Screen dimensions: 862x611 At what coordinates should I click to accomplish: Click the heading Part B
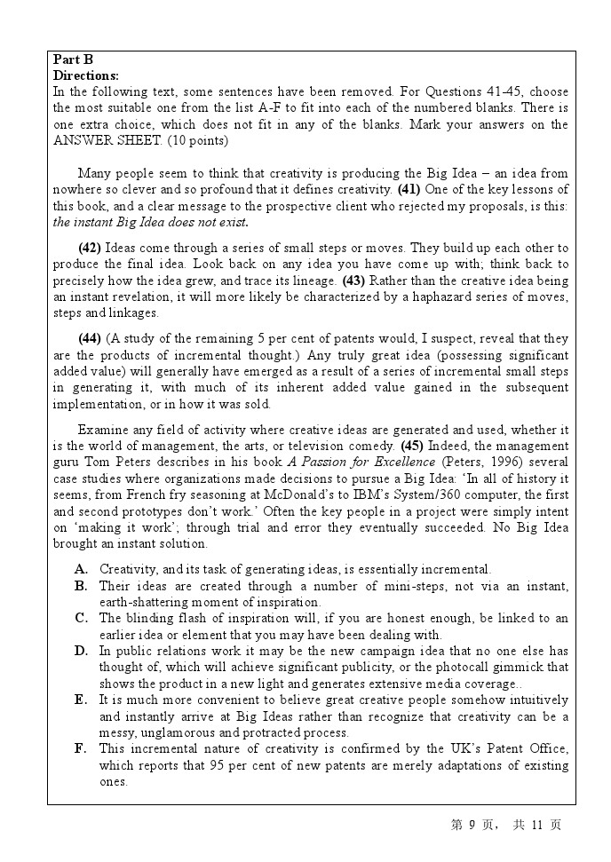click(x=73, y=60)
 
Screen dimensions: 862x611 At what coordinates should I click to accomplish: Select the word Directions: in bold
click(x=86, y=75)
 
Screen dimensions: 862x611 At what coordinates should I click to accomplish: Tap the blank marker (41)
click(x=409, y=189)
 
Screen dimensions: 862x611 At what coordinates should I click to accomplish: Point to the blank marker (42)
click(x=90, y=248)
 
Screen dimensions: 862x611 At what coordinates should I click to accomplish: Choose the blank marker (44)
click(x=90, y=338)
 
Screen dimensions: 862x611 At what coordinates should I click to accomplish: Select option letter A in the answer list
click(x=81, y=569)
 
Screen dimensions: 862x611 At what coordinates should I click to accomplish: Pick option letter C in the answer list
click(x=81, y=618)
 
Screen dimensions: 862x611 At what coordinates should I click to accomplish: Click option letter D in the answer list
click(x=81, y=651)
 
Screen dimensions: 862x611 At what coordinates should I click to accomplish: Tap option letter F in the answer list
click(x=81, y=749)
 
